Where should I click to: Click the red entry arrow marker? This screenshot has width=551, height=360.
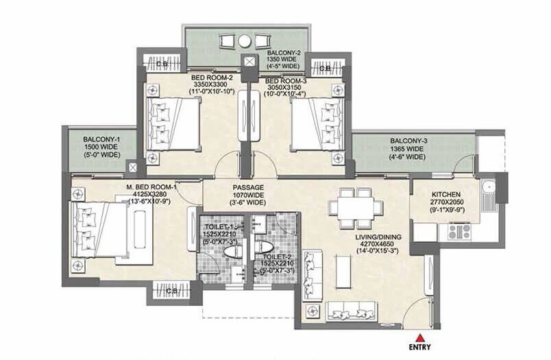(x=419, y=338)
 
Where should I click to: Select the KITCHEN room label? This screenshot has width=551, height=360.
(x=446, y=195)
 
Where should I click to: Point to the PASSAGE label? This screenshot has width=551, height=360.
(x=248, y=187)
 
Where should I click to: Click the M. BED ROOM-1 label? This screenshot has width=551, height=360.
(x=152, y=187)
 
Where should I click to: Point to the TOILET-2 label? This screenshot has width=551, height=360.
(x=277, y=256)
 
